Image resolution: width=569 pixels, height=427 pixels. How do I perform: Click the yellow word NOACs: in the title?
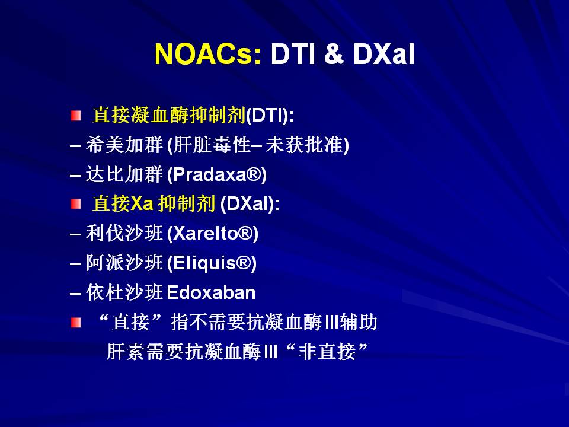pyautogui.click(x=207, y=54)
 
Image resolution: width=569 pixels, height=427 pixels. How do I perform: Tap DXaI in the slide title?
pyautogui.click(x=383, y=54)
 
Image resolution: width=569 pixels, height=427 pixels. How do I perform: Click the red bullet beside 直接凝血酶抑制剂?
pyautogui.click(x=76, y=116)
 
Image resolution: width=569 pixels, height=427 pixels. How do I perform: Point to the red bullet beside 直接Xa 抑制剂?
pyautogui.click(x=76, y=203)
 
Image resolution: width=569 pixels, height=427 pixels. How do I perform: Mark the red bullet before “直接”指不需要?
pyautogui.click(x=76, y=322)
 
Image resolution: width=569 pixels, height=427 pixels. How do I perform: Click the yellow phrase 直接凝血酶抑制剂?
pyautogui.click(x=169, y=115)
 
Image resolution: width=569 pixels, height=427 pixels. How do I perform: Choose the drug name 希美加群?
pyautogui.click(x=124, y=145)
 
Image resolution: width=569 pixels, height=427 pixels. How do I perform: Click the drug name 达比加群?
pyautogui.click(x=124, y=174)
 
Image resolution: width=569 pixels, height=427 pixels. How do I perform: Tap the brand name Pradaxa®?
pyautogui.click(x=217, y=174)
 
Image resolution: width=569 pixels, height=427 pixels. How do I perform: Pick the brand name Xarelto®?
pyautogui.click(x=213, y=233)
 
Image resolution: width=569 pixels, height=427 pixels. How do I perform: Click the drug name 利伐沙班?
pyautogui.click(x=124, y=233)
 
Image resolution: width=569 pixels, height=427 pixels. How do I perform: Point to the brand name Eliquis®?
pyautogui.click(x=212, y=263)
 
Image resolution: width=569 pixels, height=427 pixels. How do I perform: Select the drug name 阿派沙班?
pyautogui.click(x=124, y=263)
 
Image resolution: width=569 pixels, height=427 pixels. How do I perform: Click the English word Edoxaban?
pyautogui.click(x=211, y=292)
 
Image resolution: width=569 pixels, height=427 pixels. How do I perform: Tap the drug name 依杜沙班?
pyautogui.click(x=124, y=292)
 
